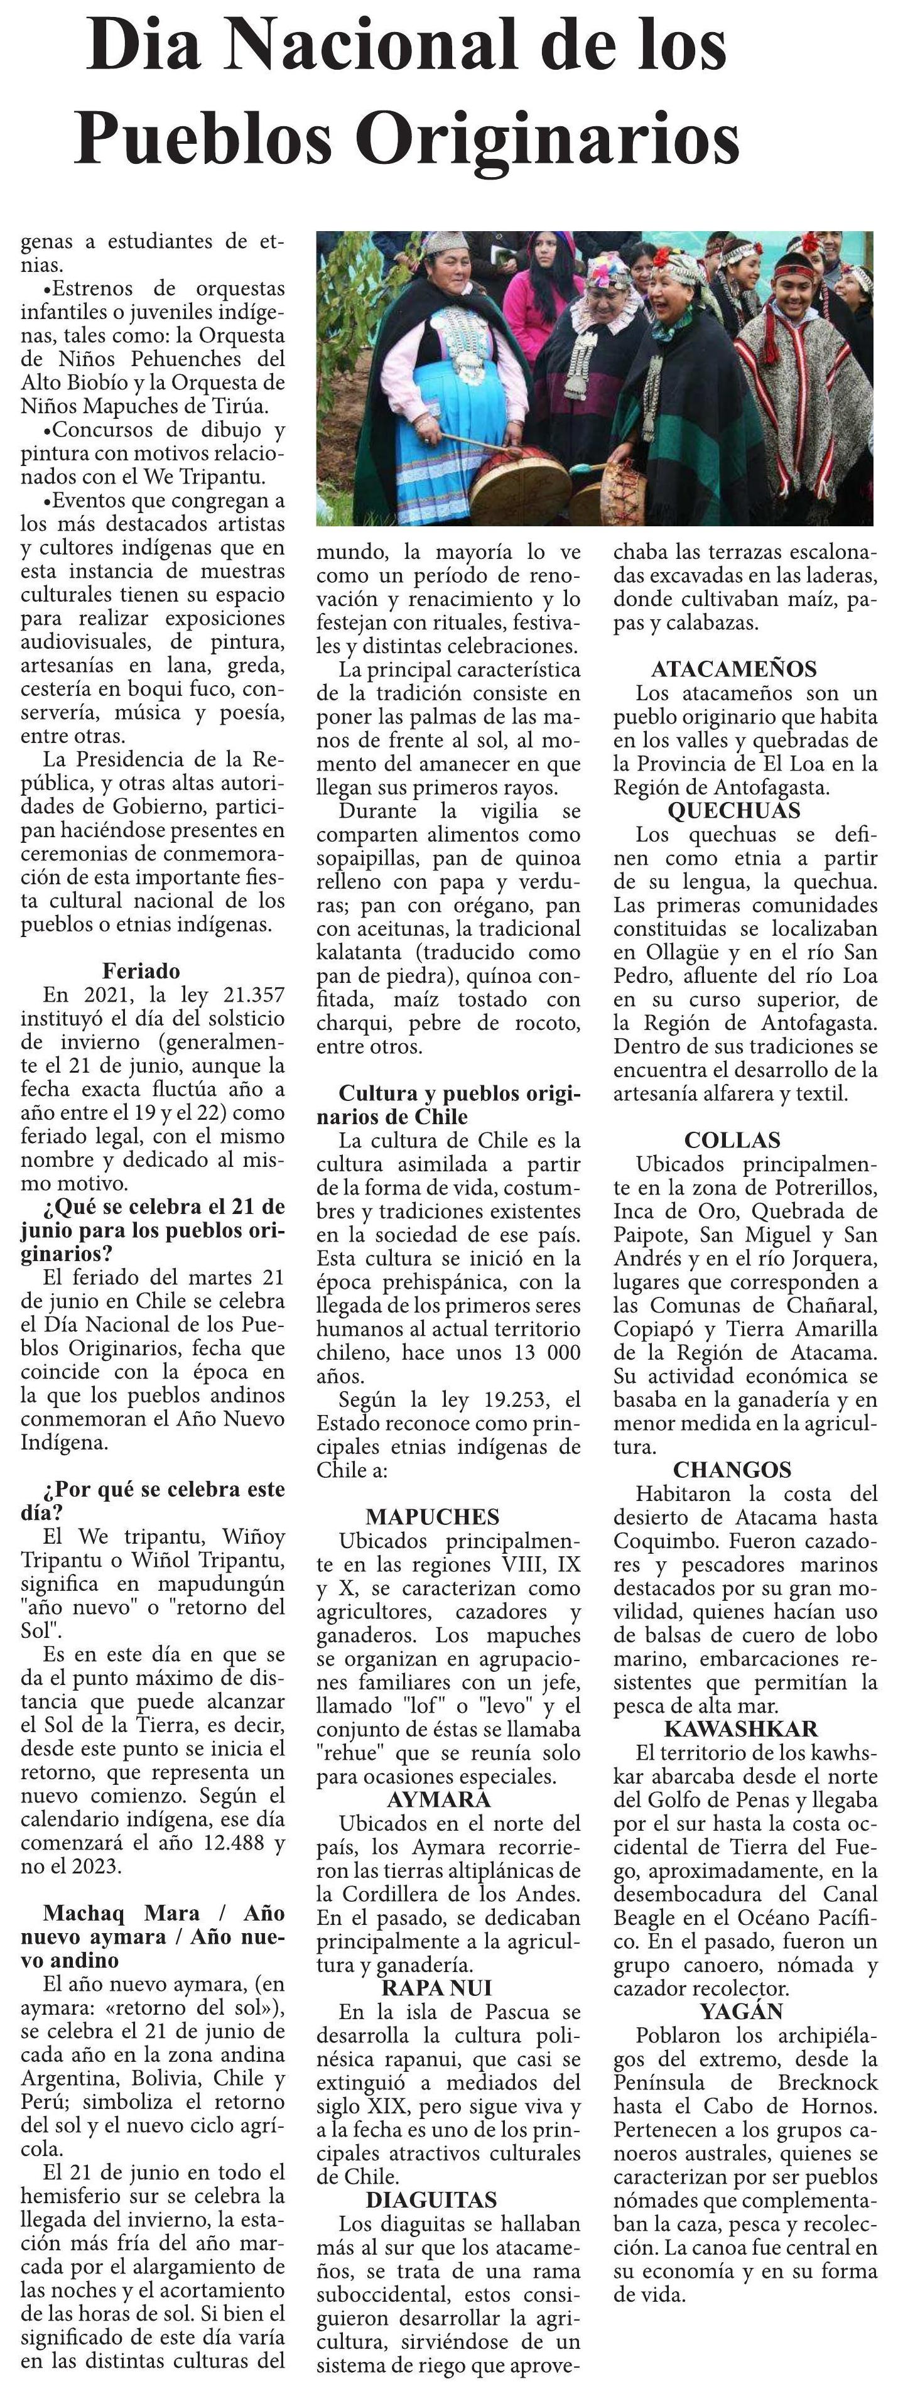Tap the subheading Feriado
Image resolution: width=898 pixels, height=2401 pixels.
141,970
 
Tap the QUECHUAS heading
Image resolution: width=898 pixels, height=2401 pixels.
734,810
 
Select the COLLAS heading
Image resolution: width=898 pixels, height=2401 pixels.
732,1140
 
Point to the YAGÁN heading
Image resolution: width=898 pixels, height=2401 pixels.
742,2010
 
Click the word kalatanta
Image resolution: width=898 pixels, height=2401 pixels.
359,951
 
